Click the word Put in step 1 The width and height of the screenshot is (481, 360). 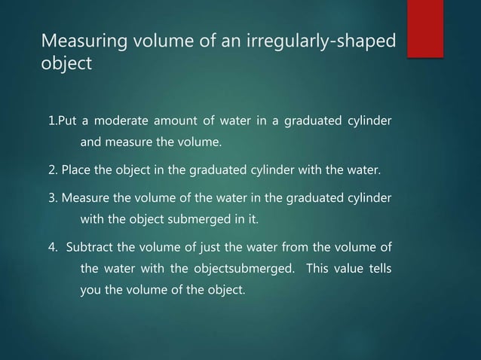67,123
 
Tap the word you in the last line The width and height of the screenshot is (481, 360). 90,287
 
